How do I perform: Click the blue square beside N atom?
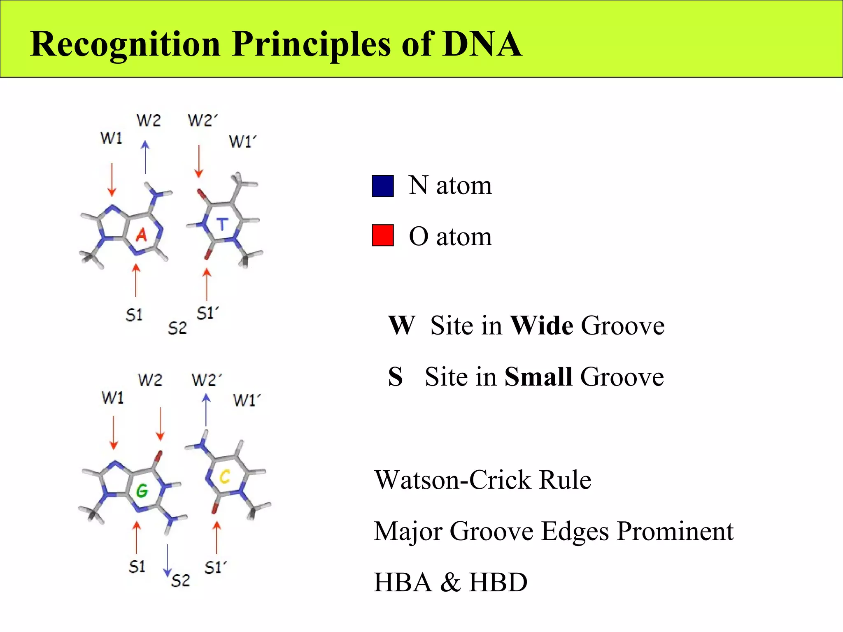pos(383,186)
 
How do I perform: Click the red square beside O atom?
pos(383,235)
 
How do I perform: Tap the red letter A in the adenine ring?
pos(141,235)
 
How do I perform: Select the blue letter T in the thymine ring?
pos(222,224)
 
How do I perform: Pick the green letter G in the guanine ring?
pos(142,490)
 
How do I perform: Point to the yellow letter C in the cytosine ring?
pos(225,477)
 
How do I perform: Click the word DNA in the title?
pos(482,44)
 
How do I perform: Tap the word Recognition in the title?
pos(126,44)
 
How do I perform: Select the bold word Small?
pos(538,376)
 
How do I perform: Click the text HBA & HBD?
pos(450,582)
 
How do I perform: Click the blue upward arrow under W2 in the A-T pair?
pos(145,158)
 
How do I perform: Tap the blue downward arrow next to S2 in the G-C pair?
pos(167,560)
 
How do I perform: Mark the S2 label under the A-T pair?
pos(177,328)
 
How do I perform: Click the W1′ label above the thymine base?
pos(242,142)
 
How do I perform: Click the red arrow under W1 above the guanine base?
pos(114,433)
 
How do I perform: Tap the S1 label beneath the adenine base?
pos(134,315)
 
